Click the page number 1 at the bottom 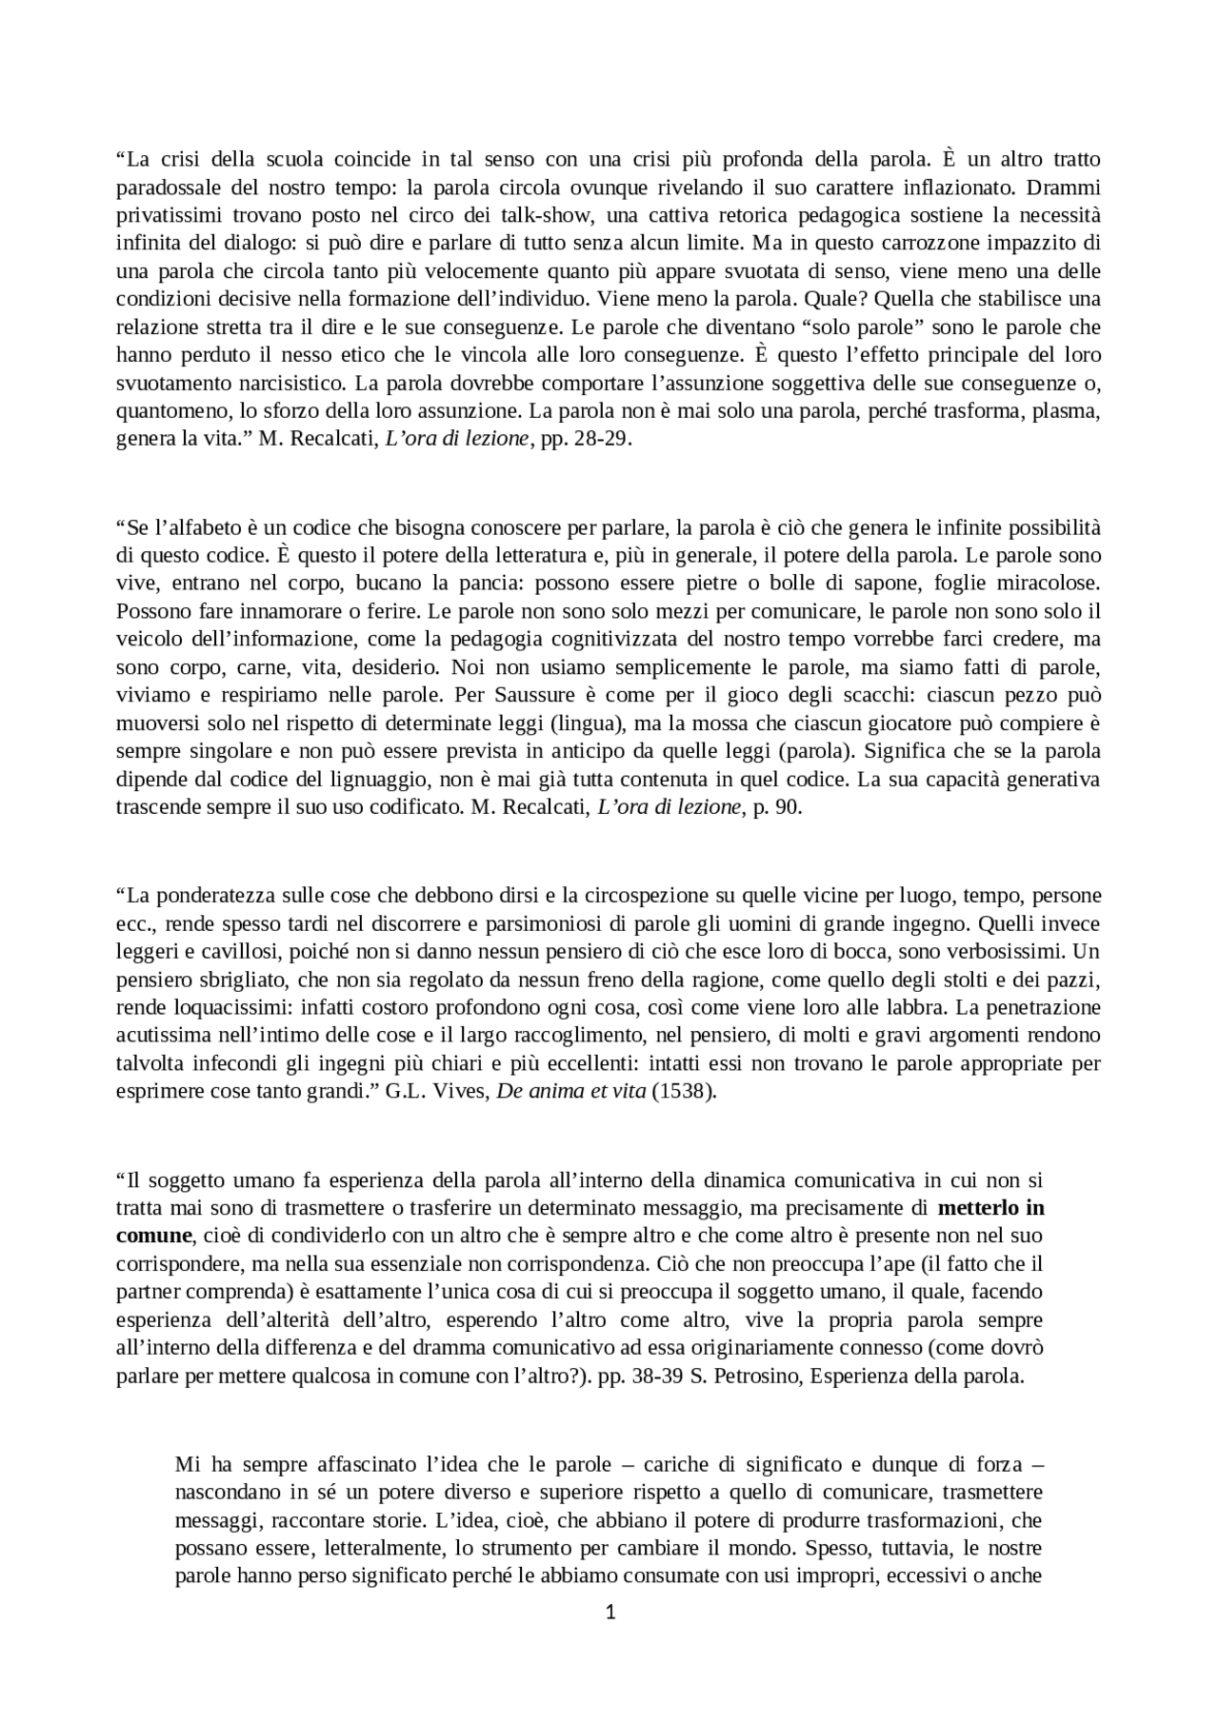click(610, 1612)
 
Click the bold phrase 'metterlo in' click(990, 1208)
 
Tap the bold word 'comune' click(154, 1236)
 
